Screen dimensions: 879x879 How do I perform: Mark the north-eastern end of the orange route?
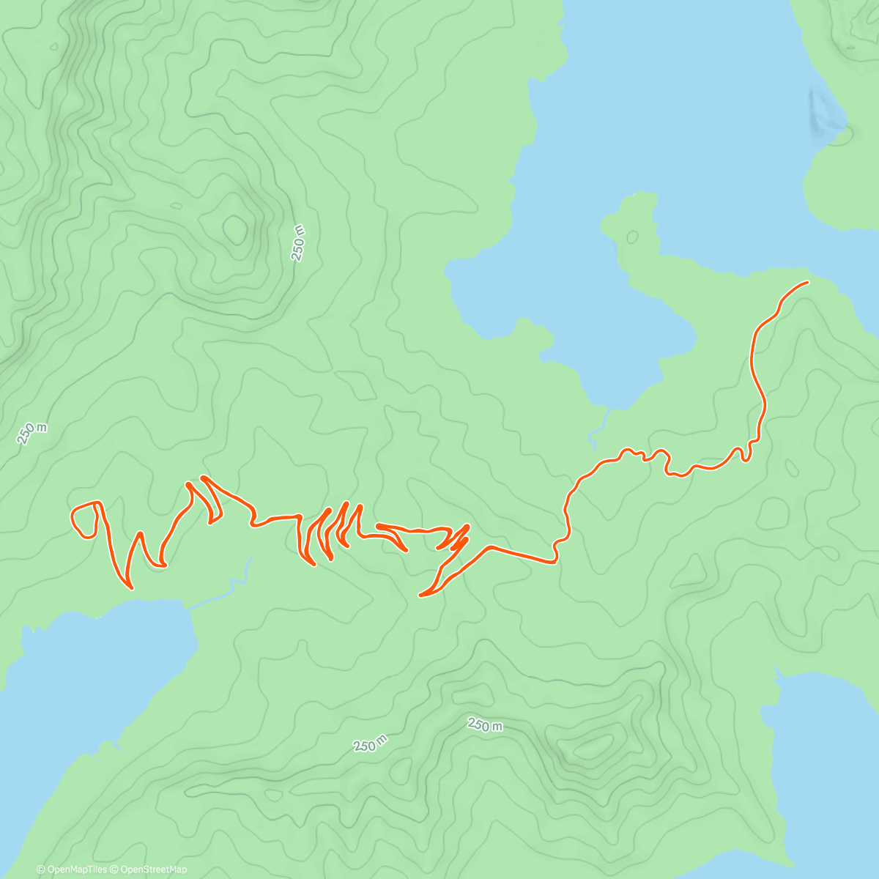[x=807, y=282]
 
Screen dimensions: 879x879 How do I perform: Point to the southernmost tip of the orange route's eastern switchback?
[x=420, y=596]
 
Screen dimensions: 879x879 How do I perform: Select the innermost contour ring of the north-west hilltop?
[x=236, y=229]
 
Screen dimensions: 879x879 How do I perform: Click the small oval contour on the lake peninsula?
[x=631, y=237]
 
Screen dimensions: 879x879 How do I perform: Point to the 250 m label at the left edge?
[x=32, y=433]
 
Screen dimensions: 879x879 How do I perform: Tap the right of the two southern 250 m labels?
[x=485, y=725]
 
